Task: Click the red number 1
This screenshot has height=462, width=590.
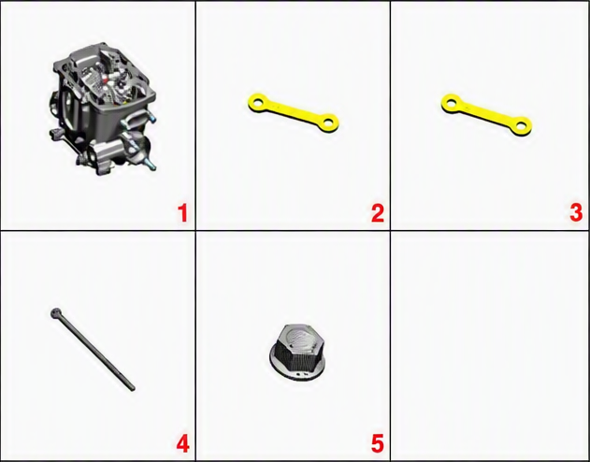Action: pyautogui.click(x=182, y=213)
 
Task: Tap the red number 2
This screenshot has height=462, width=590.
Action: pyautogui.click(x=378, y=213)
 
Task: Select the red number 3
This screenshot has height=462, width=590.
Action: pyautogui.click(x=576, y=213)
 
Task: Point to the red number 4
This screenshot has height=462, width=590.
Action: pyautogui.click(x=183, y=443)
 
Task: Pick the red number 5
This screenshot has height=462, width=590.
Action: pyautogui.click(x=378, y=443)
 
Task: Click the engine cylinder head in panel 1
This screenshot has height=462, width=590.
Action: pyautogui.click(x=102, y=108)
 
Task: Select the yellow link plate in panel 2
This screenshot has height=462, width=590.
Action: pyautogui.click(x=293, y=112)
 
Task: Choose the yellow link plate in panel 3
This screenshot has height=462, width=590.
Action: pyautogui.click(x=486, y=114)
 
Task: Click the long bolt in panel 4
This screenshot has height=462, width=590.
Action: pyautogui.click(x=93, y=349)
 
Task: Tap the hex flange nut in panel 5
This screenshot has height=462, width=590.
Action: pyautogui.click(x=297, y=352)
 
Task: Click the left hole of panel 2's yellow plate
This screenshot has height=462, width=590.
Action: pyautogui.click(x=258, y=102)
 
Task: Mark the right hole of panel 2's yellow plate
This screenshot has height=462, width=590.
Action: pyautogui.click(x=328, y=122)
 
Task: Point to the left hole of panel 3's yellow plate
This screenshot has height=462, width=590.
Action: pyautogui.click(x=452, y=102)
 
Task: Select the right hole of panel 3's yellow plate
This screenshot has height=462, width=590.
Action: pyautogui.click(x=521, y=125)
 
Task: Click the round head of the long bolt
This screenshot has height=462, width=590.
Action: pyautogui.click(x=56, y=312)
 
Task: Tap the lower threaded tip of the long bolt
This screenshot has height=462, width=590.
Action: pyautogui.click(x=132, y=388)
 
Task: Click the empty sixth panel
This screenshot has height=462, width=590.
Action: pyautogui.click(x=490, y=345)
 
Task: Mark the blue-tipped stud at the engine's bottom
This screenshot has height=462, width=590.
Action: pyautogui.click(x=150, y=164)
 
